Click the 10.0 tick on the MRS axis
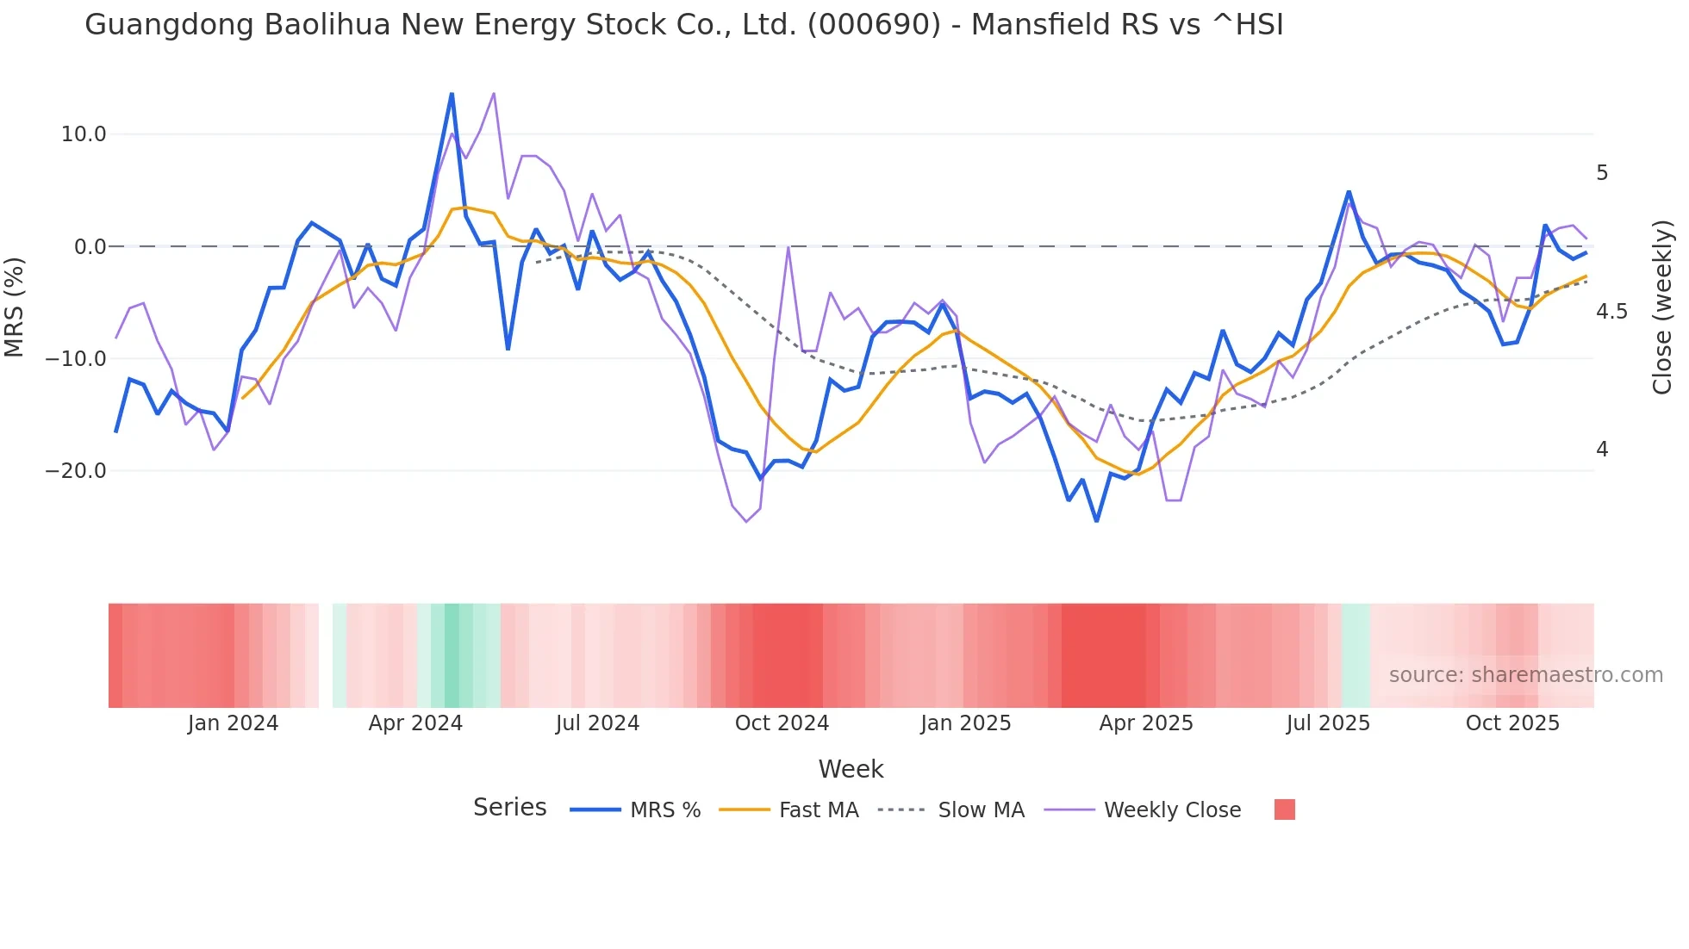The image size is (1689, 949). tap(83, 134)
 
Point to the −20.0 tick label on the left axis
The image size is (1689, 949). tap(76, 471)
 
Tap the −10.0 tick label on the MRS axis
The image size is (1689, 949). tap(76, 359)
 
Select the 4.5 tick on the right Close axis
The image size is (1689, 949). tap(1611, 312)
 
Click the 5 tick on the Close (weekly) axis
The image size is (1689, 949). tap(1602, 173)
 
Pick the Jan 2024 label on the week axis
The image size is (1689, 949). tap(233, 723)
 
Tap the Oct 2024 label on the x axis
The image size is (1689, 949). tap(782, 723)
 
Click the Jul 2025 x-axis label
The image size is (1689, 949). tap(1328, 723)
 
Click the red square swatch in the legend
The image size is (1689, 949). tap(1284, 809)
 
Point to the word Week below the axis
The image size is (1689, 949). tap(851, 769)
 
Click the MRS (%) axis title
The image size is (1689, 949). tap(15, 307)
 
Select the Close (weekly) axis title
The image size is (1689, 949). tap(1662, 307)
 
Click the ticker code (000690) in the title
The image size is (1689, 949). tap(874, 25)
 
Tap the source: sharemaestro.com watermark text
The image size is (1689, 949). tap(1525, 675)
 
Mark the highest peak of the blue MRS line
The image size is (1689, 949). tap(452, 94)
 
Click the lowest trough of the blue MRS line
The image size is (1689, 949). tap(1096, 520)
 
